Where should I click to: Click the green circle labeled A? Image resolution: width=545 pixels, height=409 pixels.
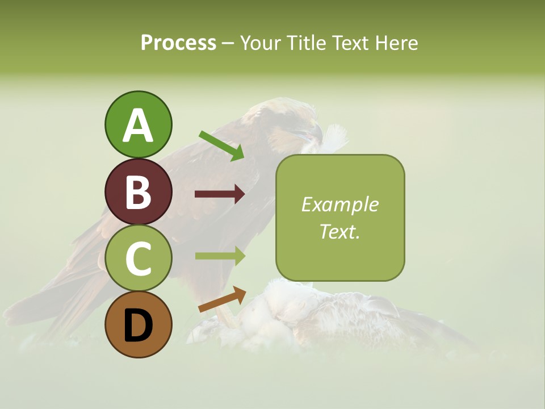tap(138, 124)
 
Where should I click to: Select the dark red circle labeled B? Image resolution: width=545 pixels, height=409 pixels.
tap(138, 191)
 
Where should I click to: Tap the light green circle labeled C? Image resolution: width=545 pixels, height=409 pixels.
tap(138, 258)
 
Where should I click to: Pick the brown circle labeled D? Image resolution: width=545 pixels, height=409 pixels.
tap(138, 324)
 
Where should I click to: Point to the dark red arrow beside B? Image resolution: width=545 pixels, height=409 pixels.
tap(220, 194)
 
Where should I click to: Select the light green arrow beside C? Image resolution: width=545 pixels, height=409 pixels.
tap(220, 256)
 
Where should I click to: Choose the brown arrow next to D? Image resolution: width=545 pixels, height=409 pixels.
tap(222, 299)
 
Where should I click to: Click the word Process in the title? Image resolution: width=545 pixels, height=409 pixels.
tap(178, 43)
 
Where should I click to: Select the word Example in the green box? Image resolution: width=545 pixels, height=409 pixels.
tap(339, 204)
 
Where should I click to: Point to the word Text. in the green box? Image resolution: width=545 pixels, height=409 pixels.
tap(339, 231)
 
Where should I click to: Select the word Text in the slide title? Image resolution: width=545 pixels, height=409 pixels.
tap(349, 43)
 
